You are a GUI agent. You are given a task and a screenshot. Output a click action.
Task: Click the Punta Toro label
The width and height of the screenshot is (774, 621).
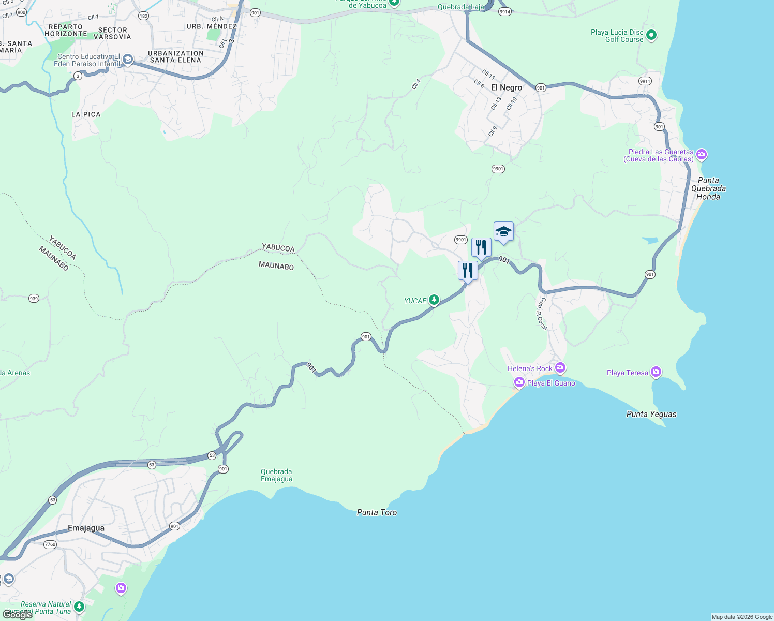click(377, 512)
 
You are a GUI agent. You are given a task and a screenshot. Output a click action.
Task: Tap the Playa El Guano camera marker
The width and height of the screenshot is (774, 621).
click(519, 382)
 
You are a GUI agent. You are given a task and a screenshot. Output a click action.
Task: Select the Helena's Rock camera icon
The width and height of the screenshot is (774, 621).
click(560, 367)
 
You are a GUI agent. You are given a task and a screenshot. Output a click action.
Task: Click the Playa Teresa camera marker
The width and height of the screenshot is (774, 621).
click(656, 372)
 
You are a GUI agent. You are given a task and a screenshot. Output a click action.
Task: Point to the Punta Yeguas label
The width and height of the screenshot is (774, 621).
click(651, 414)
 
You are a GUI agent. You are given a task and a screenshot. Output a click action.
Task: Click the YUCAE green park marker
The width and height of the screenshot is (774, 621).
click(434, 300)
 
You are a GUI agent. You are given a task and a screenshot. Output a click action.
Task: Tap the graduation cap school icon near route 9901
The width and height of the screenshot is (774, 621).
click(503, 231)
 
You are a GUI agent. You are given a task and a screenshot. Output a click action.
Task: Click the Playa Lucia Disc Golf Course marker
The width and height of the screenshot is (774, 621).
click(651, 35)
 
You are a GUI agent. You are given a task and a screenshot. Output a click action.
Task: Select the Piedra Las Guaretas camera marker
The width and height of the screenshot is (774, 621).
click(702, 154)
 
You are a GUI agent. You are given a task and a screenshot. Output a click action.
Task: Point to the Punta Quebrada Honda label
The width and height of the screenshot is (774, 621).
click(708, 188)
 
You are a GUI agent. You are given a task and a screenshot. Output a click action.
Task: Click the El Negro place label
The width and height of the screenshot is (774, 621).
click(507, 87)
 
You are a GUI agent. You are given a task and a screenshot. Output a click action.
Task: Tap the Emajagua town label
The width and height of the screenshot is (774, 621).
click(86, 528)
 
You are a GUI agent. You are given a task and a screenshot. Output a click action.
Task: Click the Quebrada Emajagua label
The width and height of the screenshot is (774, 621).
click(276, 475)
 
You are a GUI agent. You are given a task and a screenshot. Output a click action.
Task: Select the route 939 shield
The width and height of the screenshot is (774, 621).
click(34, 298)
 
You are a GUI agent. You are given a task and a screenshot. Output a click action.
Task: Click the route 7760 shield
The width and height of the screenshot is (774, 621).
click(50, 544)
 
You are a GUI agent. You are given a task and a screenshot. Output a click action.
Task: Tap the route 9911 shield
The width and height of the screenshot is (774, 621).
click(645, 81)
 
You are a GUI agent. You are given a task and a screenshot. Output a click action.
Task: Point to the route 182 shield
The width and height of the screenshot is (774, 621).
click(143, 16)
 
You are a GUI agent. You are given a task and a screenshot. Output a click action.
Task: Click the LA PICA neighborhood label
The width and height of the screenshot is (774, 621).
click(86, 114)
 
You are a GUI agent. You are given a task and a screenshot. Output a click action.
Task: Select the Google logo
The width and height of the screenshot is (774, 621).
click(18, 615)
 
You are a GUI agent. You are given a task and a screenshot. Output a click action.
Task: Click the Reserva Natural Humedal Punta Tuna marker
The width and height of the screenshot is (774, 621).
click(79, 606)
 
